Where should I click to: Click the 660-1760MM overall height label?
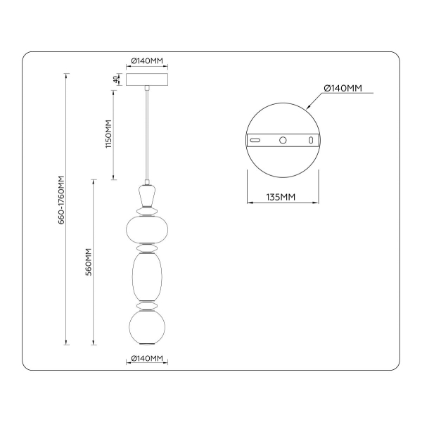(x=62, y=200)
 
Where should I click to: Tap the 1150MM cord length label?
(x=108, y=133)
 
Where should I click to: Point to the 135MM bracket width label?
(x=281, y=196)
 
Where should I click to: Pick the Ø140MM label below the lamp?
(x=147, y=359)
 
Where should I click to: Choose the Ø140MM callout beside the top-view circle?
(x=343, y=88)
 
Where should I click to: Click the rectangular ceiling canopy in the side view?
(x=147, y=79)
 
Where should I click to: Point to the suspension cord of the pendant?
(x=147, y=134)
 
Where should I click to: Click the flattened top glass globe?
(x=147, y=229)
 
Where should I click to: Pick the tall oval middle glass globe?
(x=147, y=276)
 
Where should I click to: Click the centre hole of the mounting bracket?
(x=283, y=141)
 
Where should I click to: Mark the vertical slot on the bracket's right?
(x=309, y=141)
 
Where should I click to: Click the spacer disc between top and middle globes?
(x=147, y=249)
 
